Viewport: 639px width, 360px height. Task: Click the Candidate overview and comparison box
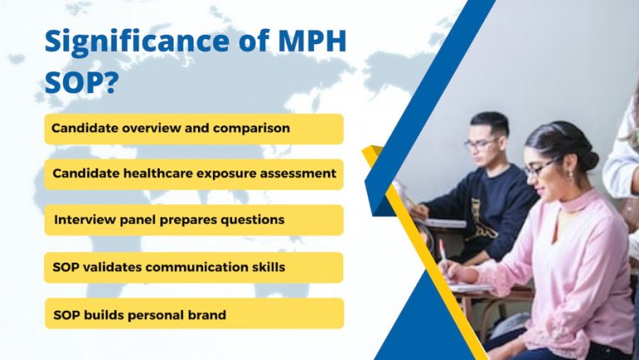[193, 129]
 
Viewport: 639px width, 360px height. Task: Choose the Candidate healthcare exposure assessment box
[193, 174]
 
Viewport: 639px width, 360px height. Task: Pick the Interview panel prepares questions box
[193, 220]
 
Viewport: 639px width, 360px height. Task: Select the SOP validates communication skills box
[193, 267]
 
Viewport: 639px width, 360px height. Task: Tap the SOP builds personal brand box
[193, 314]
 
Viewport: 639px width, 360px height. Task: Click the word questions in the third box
[254, 220]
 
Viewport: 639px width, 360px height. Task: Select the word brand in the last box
[206, 315]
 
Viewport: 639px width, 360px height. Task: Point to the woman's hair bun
[588, 159]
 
